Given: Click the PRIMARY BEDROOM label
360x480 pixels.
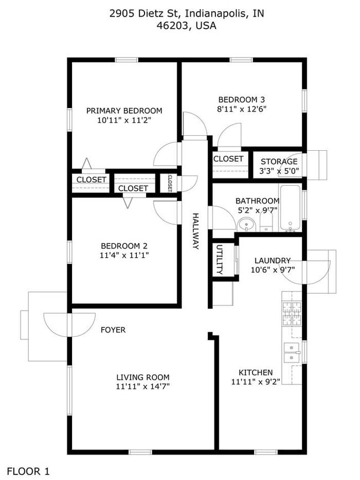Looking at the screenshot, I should [124, 110].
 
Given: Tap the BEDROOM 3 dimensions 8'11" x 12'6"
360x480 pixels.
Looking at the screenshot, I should [242, 109].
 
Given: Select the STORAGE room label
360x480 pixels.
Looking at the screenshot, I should [279, 161].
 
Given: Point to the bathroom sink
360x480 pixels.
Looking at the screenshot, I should [246, 224].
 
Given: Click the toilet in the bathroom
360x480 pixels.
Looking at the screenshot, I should [266, 223].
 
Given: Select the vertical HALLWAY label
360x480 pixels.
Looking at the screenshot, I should [196, 231].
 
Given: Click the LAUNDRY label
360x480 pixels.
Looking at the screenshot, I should [272, 261].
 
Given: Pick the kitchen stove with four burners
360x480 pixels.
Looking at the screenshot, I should [292, 314].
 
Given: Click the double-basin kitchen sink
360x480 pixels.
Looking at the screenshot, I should [292, 353].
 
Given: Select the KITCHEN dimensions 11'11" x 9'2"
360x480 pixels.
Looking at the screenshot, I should [255, 381].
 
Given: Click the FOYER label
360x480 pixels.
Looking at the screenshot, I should [113, 330].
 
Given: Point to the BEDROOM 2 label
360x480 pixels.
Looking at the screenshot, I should [124, 246].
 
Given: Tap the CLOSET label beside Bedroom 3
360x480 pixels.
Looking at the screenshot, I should [228, 159].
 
